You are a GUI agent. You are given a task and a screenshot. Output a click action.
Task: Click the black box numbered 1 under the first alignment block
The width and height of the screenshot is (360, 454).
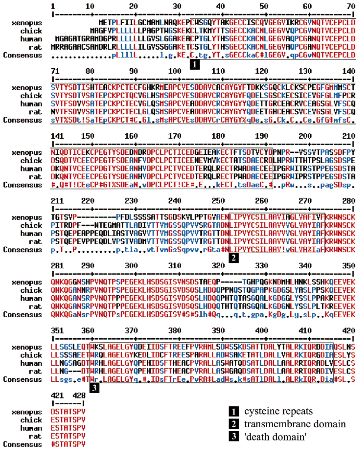click(195, 64)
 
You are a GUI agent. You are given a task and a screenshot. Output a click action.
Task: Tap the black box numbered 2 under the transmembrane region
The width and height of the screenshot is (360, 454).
click(233, 258)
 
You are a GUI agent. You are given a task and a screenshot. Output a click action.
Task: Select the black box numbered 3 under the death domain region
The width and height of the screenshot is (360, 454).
click(94, 388)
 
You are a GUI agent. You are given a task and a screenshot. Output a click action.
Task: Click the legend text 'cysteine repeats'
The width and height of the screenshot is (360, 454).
click(278, 411)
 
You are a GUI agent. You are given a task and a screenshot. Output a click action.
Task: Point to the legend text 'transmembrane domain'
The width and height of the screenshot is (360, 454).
click(295, 424)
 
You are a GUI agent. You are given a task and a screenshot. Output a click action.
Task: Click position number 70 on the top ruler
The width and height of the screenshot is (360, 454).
click(351, 6)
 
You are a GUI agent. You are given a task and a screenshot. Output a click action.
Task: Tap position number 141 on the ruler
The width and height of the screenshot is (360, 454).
click(57, 136)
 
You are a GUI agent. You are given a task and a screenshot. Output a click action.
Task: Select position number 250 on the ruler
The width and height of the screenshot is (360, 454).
click(218, 201)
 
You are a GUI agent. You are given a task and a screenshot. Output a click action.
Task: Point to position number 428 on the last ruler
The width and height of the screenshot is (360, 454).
click(79, 395)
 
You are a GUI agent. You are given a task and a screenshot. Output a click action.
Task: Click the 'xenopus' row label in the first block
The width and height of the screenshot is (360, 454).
click(27, 23)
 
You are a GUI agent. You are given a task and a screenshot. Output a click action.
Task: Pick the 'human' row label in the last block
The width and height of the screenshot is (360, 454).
click(31, 428)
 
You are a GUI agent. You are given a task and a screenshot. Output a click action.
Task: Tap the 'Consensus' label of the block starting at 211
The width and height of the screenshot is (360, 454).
click(23, 250)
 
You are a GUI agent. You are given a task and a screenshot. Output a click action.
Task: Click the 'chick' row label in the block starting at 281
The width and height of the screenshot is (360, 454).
click(31, 290)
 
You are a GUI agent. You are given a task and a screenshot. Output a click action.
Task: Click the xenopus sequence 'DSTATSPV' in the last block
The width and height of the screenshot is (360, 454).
click(68, 412)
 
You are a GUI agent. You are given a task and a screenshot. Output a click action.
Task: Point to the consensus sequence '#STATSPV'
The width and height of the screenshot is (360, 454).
click(68, 444)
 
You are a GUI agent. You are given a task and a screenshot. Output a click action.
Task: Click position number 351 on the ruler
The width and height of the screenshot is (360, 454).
click(57, 331)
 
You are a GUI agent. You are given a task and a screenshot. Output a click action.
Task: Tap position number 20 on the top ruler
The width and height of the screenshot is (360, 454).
click(133, 6)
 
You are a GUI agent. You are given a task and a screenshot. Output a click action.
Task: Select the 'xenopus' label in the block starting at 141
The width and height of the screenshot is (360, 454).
click(27, 153)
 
